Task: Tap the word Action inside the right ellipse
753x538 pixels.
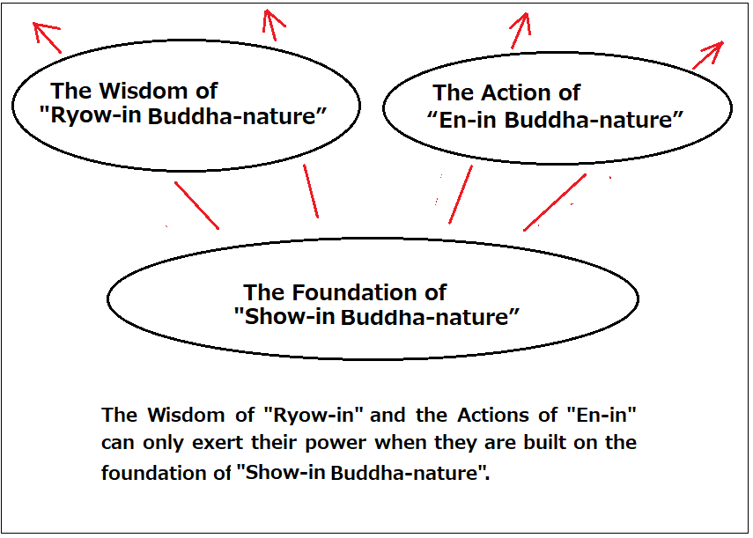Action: [515, 92]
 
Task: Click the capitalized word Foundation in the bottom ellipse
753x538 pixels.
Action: [354, 292]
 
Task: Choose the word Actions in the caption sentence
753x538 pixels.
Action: [492, 415]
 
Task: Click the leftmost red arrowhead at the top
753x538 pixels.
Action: [43, 30]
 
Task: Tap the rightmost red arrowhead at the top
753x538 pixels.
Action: [714, 50]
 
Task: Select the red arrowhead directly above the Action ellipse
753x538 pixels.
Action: [522, 23]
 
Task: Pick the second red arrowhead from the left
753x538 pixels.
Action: [272, 20]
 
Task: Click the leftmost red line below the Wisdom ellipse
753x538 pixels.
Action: [197, 205]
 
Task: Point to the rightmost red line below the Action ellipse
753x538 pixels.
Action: [555, 203]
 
